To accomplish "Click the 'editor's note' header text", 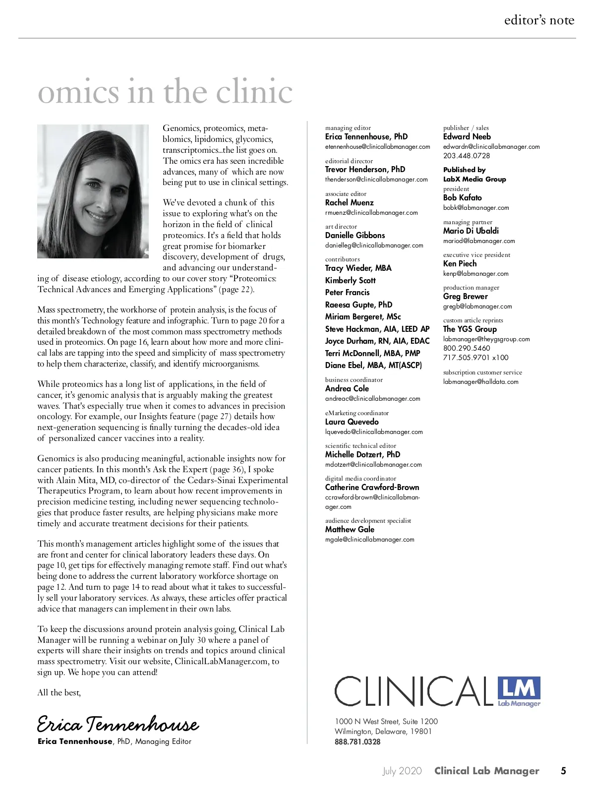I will [539, 20].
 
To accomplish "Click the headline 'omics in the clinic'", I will [165, 92].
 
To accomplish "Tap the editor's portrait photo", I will [93, 191].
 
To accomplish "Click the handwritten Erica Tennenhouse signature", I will [118, 725].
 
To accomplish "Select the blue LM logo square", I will [519, 688].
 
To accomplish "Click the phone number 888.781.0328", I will [357, 742].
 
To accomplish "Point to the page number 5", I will [563, 771].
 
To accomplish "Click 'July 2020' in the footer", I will [402, 771].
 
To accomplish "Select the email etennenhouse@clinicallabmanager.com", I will [377, 147].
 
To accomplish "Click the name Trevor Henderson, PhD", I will [365, 169].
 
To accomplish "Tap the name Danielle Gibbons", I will [355, 235].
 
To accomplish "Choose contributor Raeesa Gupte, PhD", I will [358, 305].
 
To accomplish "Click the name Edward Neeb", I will [467, 136].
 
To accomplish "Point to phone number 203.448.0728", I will [467, 156].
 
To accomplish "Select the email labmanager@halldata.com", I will [480, 382].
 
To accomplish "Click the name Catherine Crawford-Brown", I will [372, 487].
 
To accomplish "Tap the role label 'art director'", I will [341, 227].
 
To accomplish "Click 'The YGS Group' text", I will [470, 329].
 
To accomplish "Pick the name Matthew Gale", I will [350, 529].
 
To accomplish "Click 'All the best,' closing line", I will [59, 692].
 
